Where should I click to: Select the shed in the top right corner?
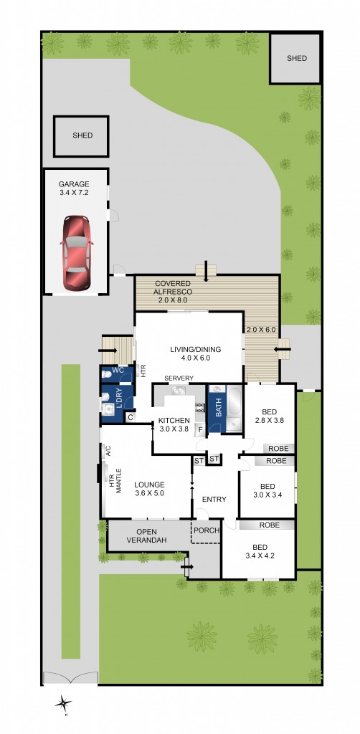295,57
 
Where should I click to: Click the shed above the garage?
82,135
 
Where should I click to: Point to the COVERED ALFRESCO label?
173,288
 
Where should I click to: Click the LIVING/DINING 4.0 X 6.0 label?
190,353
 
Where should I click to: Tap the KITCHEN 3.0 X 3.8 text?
174,425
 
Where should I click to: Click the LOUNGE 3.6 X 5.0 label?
149,489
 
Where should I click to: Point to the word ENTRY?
214,500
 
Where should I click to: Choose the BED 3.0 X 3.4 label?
266,490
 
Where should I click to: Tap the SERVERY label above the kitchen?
179,378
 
